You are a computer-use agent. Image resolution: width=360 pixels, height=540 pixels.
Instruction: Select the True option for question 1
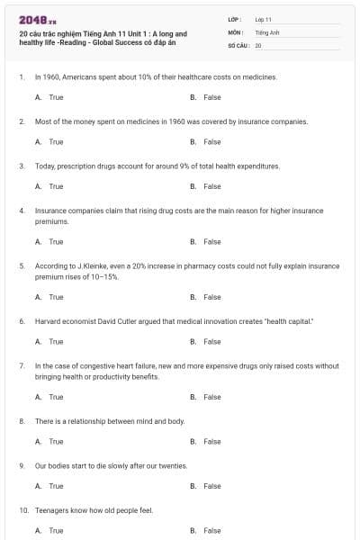[x=56, y=97]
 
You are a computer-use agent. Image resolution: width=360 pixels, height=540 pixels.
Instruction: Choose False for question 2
[x=211, y=141]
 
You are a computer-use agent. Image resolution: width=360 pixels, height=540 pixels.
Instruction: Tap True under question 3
[x=56, y=186]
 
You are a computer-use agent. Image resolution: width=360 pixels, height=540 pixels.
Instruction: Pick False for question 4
[x=211, y=241]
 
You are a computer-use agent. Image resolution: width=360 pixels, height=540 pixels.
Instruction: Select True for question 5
[x=56, y=297]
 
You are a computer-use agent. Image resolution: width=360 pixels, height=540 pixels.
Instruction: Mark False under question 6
[x=211, y=341]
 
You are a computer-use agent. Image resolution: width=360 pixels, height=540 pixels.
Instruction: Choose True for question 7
[x=56, y=397]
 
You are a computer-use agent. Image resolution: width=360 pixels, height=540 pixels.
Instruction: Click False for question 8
[x=211, y=442]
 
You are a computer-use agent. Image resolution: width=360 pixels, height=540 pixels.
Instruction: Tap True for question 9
[x=56, y=486]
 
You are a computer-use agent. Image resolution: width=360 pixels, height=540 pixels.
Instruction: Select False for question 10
[x=211, y=531]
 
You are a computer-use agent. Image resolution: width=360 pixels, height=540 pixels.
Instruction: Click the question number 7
[x=21, y=366]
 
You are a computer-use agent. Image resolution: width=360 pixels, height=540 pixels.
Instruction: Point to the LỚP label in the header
[x=235, y=19]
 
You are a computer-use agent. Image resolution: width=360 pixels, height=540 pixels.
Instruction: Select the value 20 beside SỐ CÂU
[x=258, y=44]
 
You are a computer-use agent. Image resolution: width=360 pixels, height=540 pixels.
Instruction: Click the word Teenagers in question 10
[x=50, y=510]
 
